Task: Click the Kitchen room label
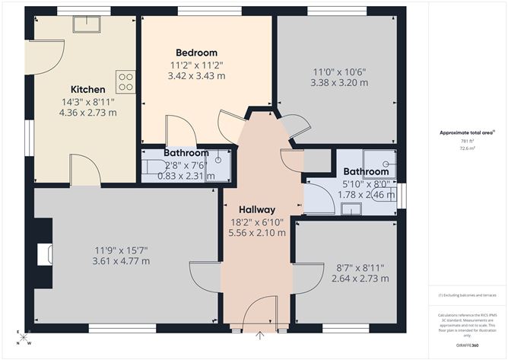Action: click(x=88, y=88)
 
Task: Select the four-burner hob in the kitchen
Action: click(x=125, y=81)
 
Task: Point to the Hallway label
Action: click(x=257, y=209)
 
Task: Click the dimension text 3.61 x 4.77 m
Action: click(x=122, y=261)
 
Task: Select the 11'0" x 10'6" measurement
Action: click(x=338, y=72)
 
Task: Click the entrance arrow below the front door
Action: click(x=261, y=334)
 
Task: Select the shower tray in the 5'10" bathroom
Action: click(x=379, y=163)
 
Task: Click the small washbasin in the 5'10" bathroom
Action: click(x=351, y=209)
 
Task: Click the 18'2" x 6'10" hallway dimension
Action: click(x=257, y=222)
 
